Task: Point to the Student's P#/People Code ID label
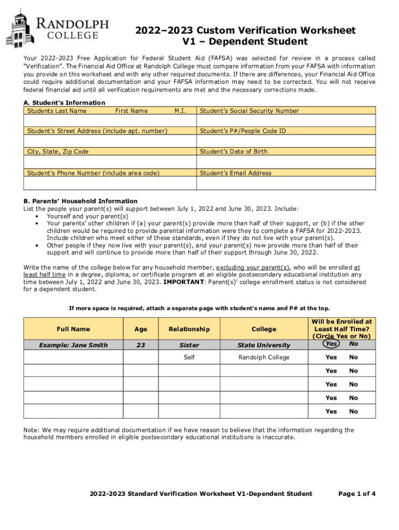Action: pyautogui.click(x=243, y=131)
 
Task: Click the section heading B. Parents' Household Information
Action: pyautogui.click(x=80, y=201)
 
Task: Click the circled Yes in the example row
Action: pyautogui.click(x=331, y=344)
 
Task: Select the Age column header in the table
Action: pyautogui.click(x=140, y=329)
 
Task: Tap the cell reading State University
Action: pyautogui.click(x=264, y=345)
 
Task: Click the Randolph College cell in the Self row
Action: pyautogui.click(x=264, y=357)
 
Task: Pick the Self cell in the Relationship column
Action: pyautogui.click(x=189, y=357)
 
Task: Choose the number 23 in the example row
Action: pyautogui.click(x=140, y=345)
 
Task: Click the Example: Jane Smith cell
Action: pyautogui.click(x=73, y=345)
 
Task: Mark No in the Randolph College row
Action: pyautogui.click(x=353, y=357)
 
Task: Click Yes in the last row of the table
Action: pyautogui.click(x=331, y=411)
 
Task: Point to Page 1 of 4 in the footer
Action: pyautogui.click(x=357, y=494)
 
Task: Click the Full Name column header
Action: pyautogui.click(x=73, y=329)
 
